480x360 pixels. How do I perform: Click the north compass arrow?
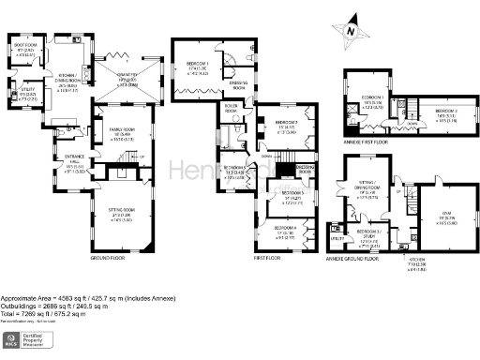pyautogui.click(x=349, y=31)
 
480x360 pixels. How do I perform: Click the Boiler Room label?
pyautogui.click(x=231, y=109)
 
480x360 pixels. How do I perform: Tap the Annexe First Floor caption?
pyautogui.click(x=371, y=141)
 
